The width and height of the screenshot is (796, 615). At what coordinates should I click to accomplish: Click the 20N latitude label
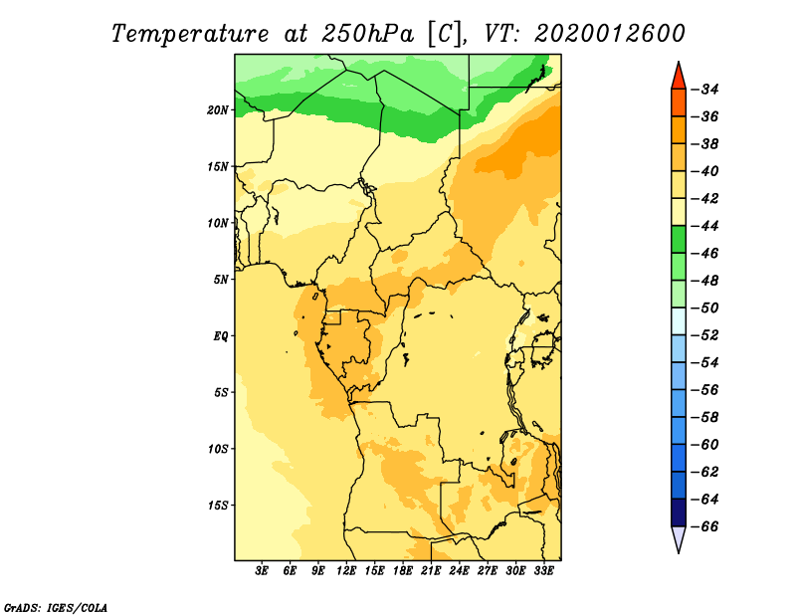[217, 110]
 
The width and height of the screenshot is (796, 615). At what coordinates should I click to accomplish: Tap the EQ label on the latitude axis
[220, 336]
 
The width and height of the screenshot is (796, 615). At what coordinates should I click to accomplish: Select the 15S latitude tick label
[217, 506]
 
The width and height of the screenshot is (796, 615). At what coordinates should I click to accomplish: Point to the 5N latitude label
[220, 280]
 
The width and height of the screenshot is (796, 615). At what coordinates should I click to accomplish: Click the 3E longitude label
[261, 571]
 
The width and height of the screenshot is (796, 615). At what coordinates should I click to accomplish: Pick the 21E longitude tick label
[431, 571]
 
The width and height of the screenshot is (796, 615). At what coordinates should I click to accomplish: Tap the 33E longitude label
[543, 571]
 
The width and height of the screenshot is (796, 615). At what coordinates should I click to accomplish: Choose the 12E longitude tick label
[345, 571]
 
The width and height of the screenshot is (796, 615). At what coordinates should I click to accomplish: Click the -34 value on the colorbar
[704, 90]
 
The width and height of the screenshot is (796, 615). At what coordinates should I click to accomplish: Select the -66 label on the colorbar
[704, 526]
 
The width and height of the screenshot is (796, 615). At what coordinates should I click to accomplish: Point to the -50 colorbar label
[704, 308]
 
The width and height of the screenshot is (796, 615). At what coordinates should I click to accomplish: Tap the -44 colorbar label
[704, 226]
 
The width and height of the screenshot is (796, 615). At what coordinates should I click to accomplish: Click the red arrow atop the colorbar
[679, 78]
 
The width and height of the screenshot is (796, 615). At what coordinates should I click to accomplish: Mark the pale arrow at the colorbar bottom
[679, 537]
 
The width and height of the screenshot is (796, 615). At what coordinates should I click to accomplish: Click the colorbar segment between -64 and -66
[679, 512]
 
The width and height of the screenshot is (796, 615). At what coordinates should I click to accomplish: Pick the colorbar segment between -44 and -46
[679, 240]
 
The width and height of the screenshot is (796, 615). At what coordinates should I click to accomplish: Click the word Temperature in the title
[189, 34]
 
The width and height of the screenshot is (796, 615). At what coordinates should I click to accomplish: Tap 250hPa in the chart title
[367, 34]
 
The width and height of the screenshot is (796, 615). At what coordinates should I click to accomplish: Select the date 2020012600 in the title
[610, 34]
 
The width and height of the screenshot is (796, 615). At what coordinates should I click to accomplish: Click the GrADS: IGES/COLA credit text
[56, 608]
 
